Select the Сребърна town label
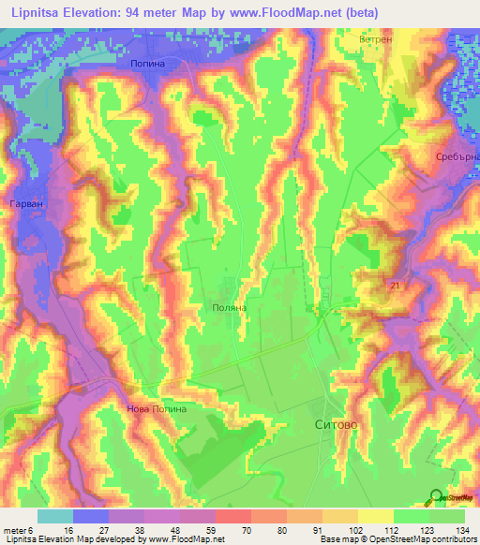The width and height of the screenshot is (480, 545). pos(457,157)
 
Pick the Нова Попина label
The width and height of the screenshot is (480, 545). pos(157,408)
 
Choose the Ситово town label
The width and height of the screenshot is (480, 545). pos(334,424)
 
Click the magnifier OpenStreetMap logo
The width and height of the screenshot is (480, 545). pos(438,498)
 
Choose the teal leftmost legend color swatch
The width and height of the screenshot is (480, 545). pos(55,516)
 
